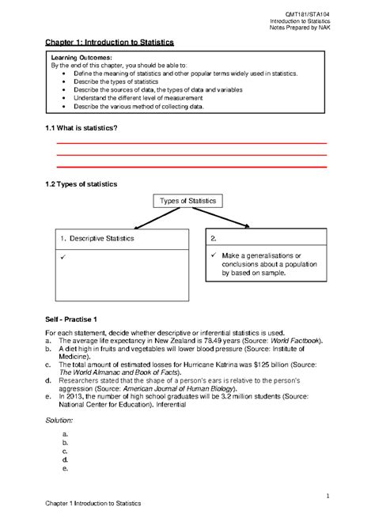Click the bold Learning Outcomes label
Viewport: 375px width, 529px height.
pos(81,59)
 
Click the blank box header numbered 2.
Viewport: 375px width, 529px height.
pos(216,238)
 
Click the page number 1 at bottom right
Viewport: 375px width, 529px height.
pos(328,494)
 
